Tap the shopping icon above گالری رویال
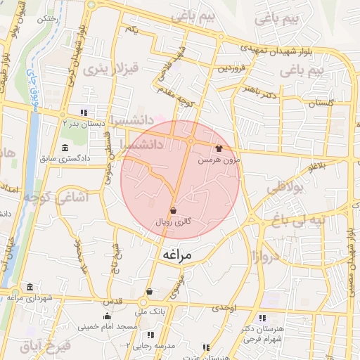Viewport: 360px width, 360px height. point(173,210)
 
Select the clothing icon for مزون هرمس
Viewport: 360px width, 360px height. point(219,149)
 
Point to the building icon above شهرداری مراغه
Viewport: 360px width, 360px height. point(30,288)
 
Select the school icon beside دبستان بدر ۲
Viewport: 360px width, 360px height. point(84,112)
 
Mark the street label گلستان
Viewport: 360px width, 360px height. point(319,103)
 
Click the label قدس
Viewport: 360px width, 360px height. point(113,300)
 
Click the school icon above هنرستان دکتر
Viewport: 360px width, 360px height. point(262,318)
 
